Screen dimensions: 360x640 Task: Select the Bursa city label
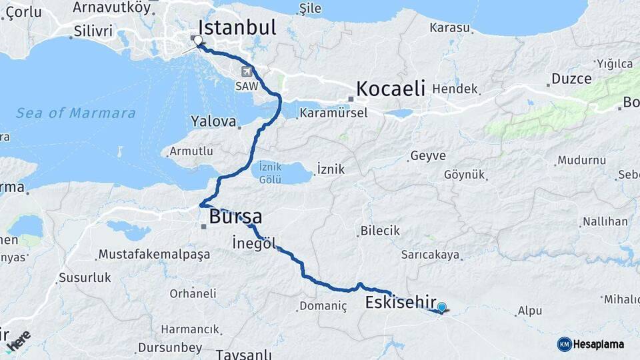(235, 217)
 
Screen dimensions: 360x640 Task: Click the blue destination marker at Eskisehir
(441, 307)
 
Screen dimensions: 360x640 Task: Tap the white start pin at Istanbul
(197, 41)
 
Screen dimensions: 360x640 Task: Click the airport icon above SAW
(246, 72)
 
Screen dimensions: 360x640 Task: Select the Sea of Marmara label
(76, 113)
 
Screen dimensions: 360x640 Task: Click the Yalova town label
(214, 122)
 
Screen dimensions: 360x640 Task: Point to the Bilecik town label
(380, 231)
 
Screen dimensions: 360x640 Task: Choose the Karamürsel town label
(333, 113)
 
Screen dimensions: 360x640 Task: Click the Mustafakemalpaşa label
(154, 254)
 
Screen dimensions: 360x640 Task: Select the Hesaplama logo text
(599, 344)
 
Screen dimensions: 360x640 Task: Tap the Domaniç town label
(323, 307)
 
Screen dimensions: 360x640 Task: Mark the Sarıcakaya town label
(431, 255)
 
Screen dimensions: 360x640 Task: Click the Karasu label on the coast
(450, 28)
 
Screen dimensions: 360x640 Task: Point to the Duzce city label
(571, 79)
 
